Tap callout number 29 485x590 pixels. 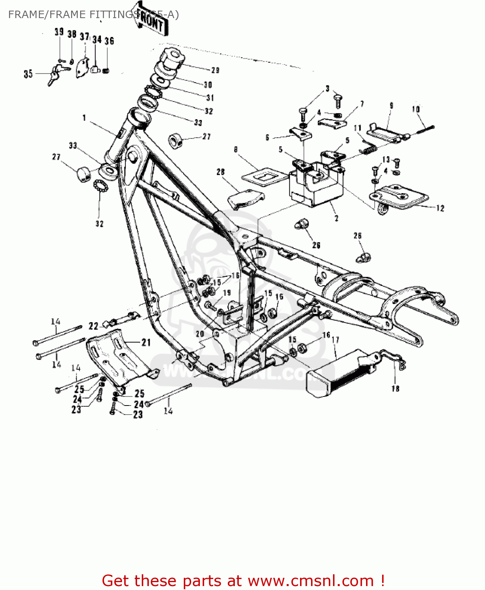point(215,70)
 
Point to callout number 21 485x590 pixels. point(146,343)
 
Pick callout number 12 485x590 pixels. point(440,208)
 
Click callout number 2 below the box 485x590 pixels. point(336,218)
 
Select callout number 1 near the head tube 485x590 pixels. point(84,118)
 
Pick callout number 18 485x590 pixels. point(395,389)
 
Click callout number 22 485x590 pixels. point(93,326)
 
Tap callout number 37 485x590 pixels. point(84,37)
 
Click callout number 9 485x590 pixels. point(391,106)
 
